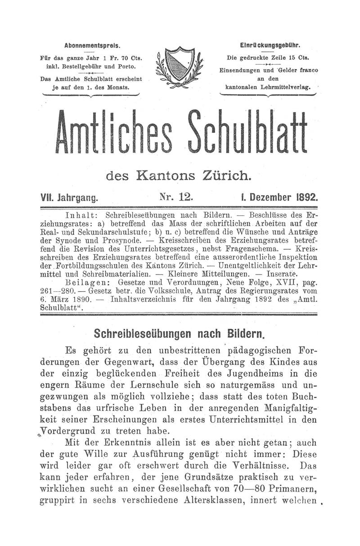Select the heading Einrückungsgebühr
tap(270, 45)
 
